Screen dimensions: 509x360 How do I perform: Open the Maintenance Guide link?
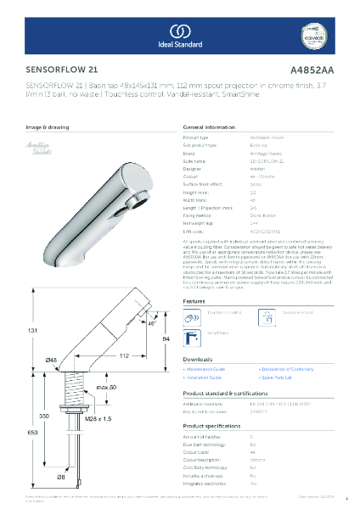click(x=209, y=371)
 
